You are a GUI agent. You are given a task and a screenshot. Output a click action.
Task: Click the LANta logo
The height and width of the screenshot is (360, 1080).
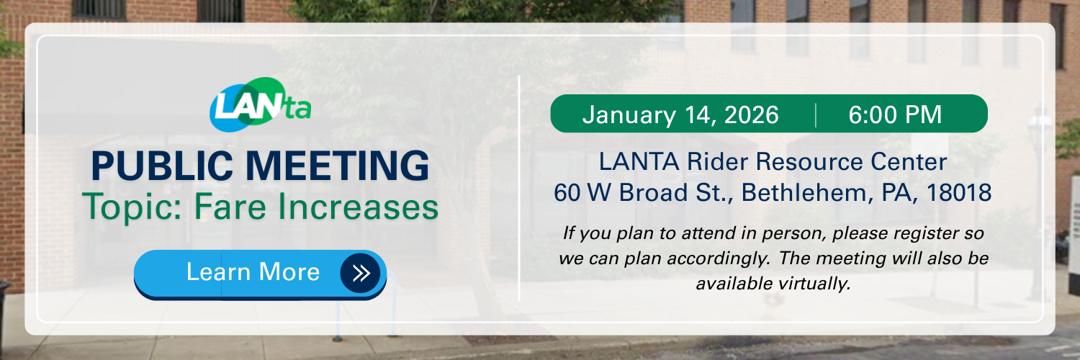(x=261, y=105)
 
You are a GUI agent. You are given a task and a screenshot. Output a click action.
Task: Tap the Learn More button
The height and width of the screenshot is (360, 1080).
(x=261, y=274)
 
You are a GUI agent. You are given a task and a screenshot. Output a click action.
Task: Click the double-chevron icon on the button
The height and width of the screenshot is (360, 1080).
(x=361, y=273)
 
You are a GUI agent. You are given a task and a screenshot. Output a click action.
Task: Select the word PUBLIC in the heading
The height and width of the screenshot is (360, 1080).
(x=162, y=166)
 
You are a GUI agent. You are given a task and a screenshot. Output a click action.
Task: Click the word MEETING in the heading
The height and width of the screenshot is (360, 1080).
(x=337, y=166)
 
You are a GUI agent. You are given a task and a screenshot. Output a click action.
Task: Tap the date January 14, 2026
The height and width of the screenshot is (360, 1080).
(x=680, y=114)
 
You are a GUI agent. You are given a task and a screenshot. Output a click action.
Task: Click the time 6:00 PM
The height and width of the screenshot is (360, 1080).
(x=895, y=114)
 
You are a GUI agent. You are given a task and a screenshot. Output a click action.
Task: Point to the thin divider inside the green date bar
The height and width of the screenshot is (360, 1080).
(x=815, y=114)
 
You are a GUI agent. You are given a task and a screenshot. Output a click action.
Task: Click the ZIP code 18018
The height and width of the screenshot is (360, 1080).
(x=958, y=192)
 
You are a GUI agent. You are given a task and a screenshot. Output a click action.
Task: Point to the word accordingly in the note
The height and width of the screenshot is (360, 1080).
(x=719, y=258)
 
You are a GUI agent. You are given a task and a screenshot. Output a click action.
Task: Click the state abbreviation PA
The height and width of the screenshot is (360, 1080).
(x=899, y=193)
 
